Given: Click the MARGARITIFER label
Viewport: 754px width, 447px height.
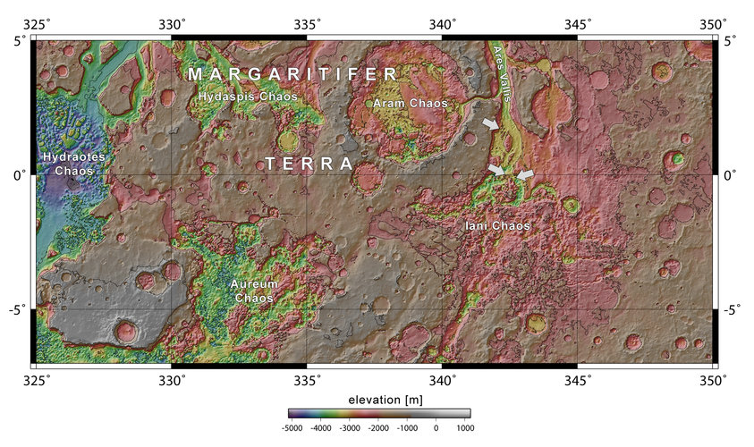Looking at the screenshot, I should tap(292, 74).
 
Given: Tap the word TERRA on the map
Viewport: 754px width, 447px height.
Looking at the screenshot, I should tap(309, 164).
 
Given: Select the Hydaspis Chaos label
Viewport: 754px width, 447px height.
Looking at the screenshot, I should tap(246, 96).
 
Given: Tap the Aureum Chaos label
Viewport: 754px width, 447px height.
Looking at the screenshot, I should tap(254, 290).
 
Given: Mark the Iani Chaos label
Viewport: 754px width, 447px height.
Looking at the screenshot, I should tap(497, 227).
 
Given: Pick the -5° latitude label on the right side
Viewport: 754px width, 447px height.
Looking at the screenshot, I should tap(733, 310).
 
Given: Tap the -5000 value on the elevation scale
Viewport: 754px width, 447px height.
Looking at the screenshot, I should tap(292, 428).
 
